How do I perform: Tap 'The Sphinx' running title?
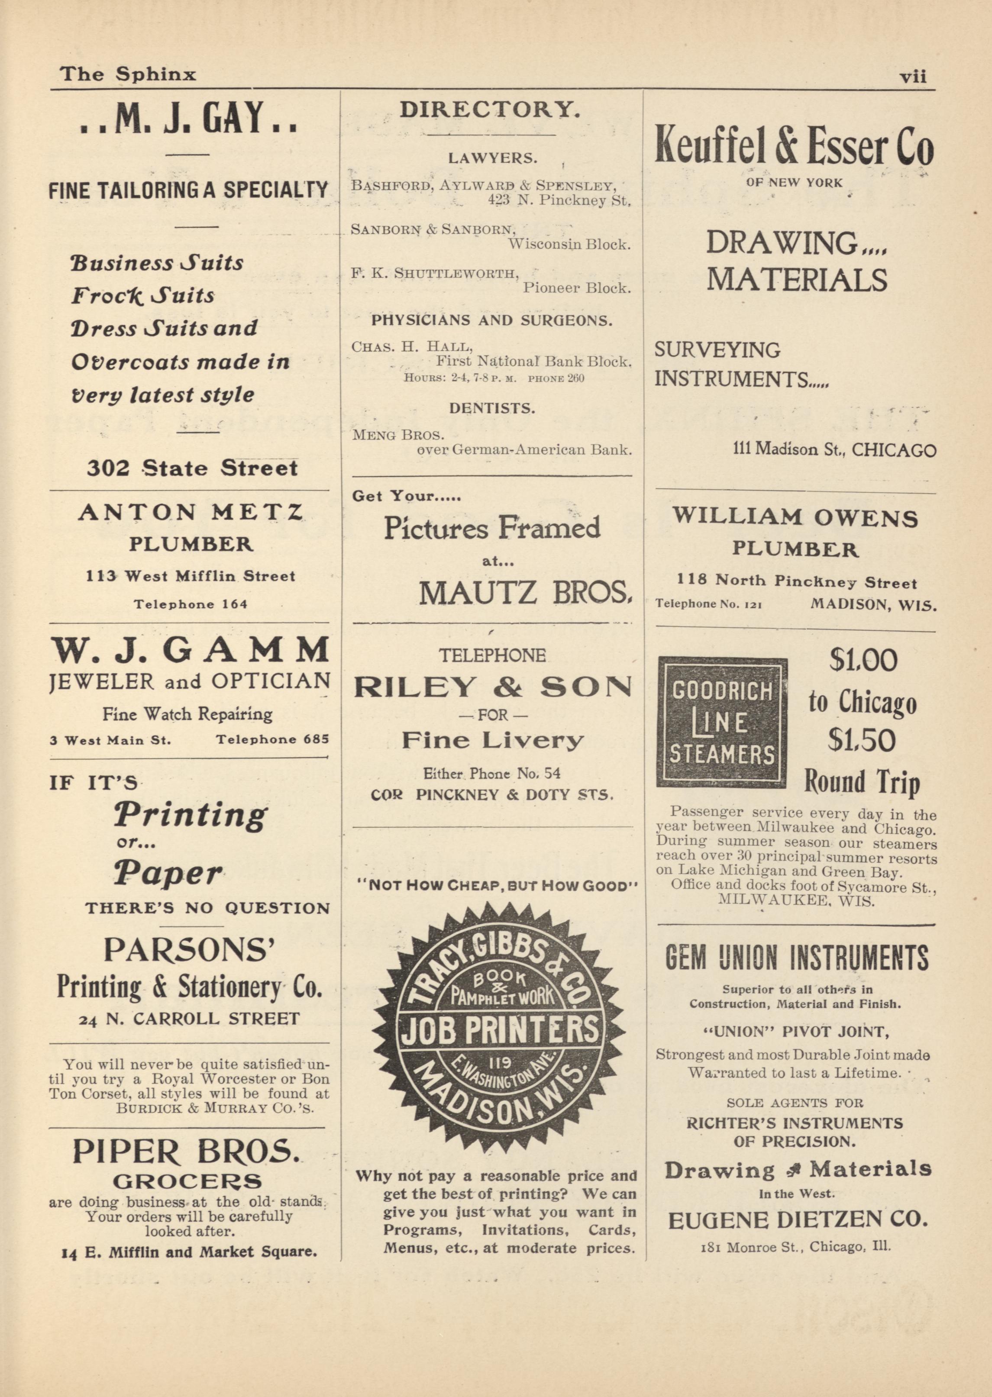click(x=128, y=74)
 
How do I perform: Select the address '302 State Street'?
click(x=192, y=468)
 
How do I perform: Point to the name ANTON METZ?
click(x=190, y=512)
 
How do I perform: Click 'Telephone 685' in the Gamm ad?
click(x=272, y=739)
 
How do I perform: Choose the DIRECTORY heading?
click(x=489, y=110)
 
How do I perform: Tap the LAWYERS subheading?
click(x=493, y=158)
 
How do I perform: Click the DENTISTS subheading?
click(x=492, y=409)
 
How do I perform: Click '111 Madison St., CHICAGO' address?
click(x=834, y=450)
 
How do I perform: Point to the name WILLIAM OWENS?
click(x=795, y=518)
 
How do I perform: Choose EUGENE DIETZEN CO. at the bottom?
click(x=798, y=1220)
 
